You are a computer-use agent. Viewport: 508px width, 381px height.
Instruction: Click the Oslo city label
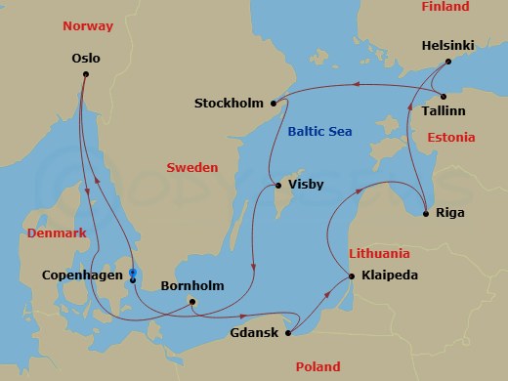(86, 58)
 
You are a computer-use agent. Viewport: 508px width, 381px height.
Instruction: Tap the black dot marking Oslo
(86, 74)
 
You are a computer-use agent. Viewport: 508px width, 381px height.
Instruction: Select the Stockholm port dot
(275, 104)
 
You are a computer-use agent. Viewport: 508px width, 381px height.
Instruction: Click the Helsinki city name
(449, 45)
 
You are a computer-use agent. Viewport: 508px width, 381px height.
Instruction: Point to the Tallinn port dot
(444, 96)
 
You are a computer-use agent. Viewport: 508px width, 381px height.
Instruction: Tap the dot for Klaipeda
(352, 276)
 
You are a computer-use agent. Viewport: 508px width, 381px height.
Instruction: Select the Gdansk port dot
(288, 333)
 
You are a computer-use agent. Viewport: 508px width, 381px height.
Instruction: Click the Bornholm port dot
(192, 301)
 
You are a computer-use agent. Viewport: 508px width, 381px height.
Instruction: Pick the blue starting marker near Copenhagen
(132, 273)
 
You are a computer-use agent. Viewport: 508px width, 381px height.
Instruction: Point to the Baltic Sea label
(319, 131)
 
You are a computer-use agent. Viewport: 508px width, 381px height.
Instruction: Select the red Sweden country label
(192, 168)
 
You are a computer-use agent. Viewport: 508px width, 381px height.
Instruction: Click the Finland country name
(444, 7)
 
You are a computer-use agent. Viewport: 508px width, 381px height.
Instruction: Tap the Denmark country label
(57, 233)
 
